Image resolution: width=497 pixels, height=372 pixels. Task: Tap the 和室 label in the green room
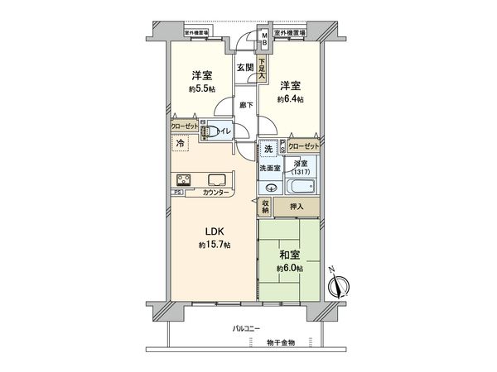(290, 255)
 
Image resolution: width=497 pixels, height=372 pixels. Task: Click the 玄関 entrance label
(244, 67)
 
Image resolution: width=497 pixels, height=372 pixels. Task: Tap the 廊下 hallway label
(245, 105)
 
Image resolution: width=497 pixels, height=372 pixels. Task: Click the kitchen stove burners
(182, 180)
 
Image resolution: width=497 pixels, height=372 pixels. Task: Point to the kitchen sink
(217, 180)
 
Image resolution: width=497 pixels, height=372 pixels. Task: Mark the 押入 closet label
(296, 207)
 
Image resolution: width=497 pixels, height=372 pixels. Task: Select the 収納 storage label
(266, 207)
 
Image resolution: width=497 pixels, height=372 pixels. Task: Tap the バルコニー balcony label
(246, 328)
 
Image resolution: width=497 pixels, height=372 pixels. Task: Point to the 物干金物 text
(281, 341)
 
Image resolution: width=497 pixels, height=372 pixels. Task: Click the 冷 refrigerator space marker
(180, 143)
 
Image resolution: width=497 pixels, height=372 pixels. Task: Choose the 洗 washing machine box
(268, 150)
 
